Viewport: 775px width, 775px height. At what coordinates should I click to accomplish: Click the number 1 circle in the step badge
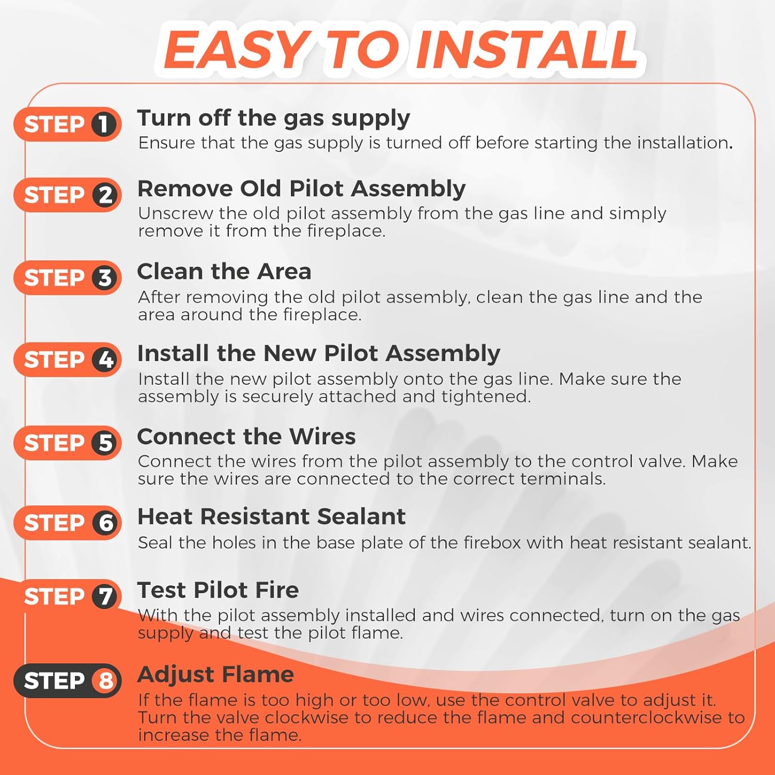[x=105, y=124]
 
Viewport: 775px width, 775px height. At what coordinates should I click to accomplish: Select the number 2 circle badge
[x=105, y=195]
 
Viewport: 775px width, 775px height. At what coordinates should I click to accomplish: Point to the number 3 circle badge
[x=105, y=277]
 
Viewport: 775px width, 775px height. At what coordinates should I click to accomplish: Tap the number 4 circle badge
[x=105, y=360]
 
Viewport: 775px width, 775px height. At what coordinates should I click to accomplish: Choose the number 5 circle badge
[x=105, y=443]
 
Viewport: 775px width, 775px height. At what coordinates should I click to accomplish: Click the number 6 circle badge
[x=105, y=523]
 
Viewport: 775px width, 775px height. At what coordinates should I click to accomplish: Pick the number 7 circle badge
[x=105, y=596]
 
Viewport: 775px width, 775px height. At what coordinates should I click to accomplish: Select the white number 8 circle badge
[x=105, y=680]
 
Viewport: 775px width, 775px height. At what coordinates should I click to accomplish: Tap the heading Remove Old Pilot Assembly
[x=301, y=190]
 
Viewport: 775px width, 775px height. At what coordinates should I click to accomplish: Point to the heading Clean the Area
[x=224, y=271]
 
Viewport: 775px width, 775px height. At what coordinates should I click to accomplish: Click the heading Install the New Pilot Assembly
[x=319, y=354]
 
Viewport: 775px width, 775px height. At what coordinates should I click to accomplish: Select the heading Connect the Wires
[x=246, y=437]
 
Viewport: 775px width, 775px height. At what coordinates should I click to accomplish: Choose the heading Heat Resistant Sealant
[x=271, y=517]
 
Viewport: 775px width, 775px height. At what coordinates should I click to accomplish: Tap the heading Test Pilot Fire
[x=218, y=590]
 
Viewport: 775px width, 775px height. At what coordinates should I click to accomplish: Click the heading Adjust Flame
[x=215, y=675]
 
